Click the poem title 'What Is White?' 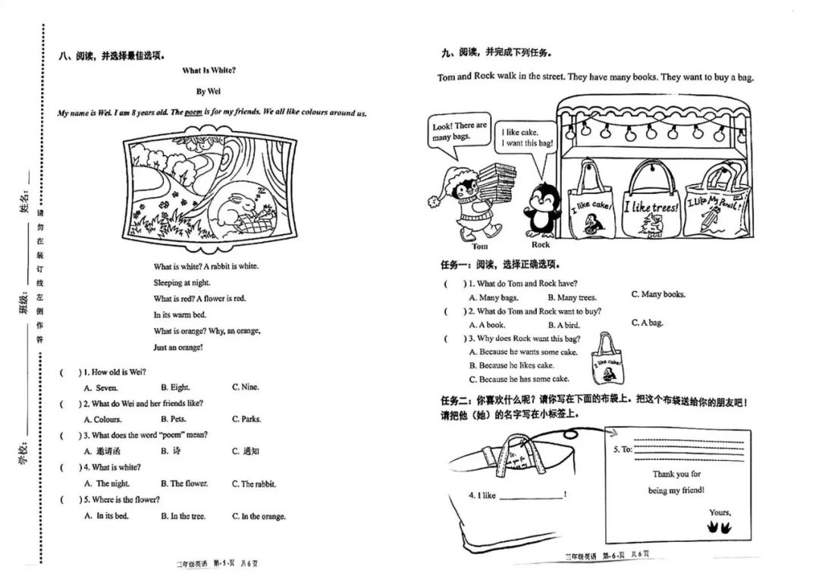click(x=209, y=70)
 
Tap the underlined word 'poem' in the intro click(x=193, y=111)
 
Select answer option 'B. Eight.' click(x=175, y=387)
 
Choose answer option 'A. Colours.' click(x=103, y=419)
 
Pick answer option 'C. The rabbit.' click(x=254, y=484)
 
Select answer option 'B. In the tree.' click(x=184, y=516)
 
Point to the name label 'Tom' click(x=479, y=246)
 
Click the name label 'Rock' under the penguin click(x=541, y=244)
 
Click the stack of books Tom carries click(x=497, y=182)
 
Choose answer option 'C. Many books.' click(x=658, y=295)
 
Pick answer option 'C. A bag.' click(x=647, y=323)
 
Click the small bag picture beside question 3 click(x=607, y=359)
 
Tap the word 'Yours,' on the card click(x=720, y=512)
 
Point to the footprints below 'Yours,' click(x=720, y=528)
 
